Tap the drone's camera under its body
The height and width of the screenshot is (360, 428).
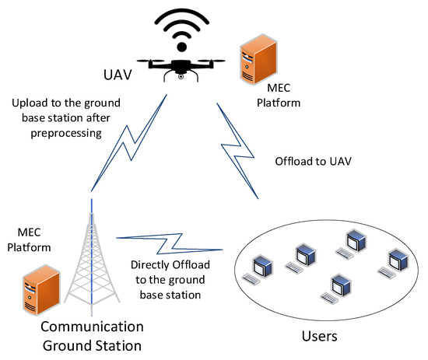pos(180,76)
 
